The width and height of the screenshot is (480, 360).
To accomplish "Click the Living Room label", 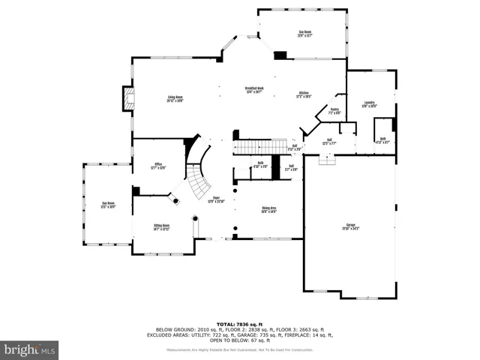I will [175, 99].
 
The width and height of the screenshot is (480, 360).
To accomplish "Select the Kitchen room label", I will [304, 94].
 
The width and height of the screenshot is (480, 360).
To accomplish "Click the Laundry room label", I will [370, 104].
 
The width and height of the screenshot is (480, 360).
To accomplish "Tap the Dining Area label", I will [269, 210].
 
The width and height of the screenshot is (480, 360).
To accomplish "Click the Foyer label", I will [216, 200].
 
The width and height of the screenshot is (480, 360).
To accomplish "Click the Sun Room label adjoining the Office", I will [108, 205].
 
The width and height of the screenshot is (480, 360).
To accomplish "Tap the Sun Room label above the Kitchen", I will [305, 33].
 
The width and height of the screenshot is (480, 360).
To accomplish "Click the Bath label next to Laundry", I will [382, 139].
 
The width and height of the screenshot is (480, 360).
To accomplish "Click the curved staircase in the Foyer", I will [198, 177].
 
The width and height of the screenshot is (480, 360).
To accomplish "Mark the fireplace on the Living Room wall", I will [128, 98].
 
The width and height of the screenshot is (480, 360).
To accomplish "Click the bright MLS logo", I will [30, 349].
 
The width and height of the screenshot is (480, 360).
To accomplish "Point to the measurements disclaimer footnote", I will [240, 350].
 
